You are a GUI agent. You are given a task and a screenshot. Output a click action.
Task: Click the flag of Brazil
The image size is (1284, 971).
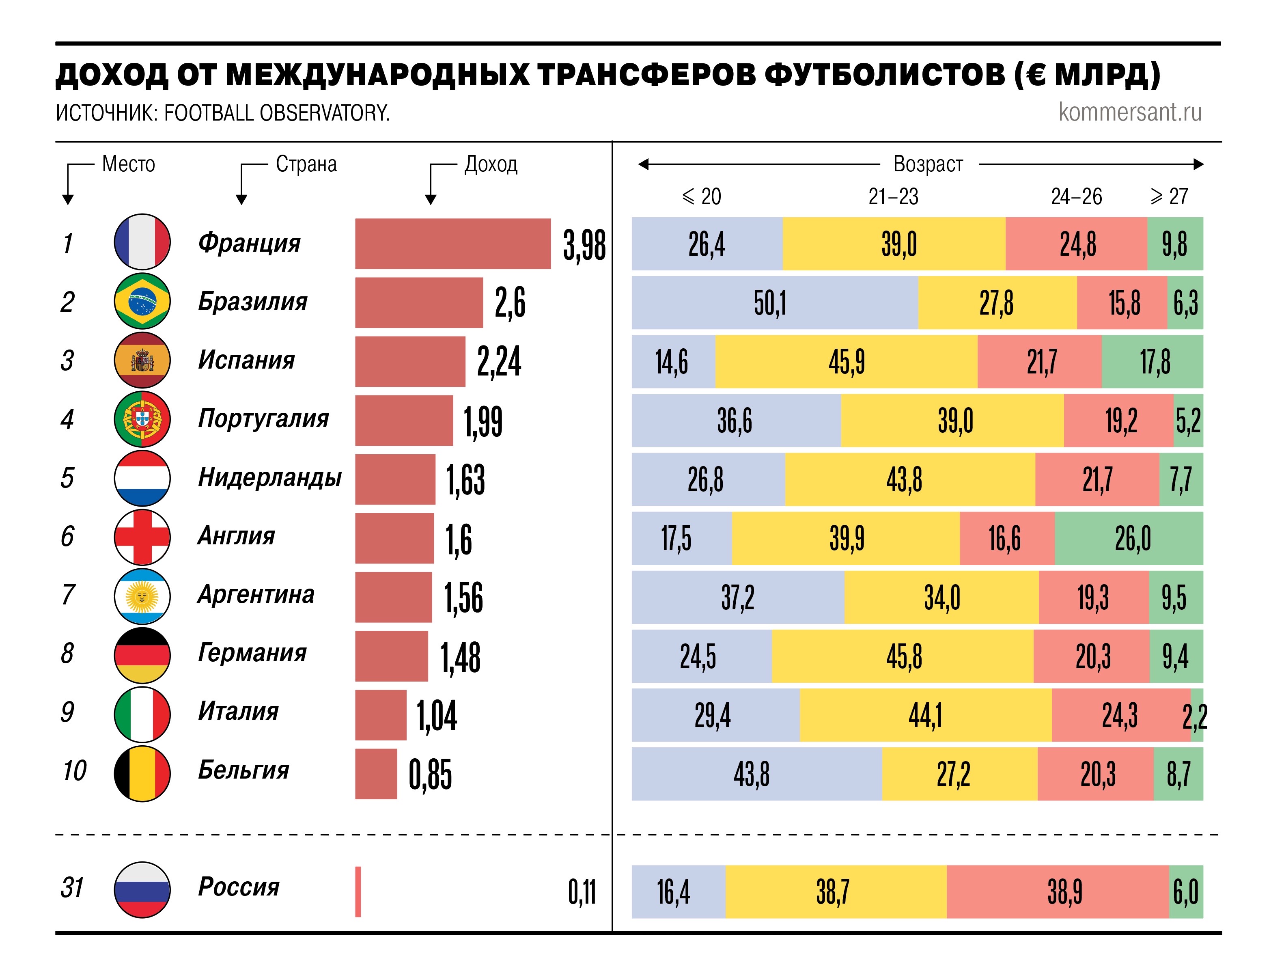coord(142,301)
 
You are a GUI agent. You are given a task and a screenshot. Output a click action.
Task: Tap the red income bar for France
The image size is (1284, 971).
coord(453,244)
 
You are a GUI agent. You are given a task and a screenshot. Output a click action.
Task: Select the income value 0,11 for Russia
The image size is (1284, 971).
coord(582,892)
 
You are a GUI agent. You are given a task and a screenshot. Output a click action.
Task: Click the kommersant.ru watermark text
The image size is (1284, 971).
coord(1130,112)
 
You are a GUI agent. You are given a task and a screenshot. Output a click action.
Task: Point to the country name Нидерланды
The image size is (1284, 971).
coord(270,477)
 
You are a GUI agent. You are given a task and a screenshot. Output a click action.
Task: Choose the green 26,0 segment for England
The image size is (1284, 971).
coord(1129,538)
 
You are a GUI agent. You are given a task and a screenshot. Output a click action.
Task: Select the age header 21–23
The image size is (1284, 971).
coord(893,197)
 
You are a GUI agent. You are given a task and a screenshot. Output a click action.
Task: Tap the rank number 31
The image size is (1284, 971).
coord(72,887)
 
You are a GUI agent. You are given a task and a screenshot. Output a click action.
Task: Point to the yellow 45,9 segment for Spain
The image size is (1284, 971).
coord(846,362)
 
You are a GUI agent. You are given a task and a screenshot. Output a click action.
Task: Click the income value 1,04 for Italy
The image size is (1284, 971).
coord(437,716)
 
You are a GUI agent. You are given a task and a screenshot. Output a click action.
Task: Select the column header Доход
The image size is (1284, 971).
coord(491,164)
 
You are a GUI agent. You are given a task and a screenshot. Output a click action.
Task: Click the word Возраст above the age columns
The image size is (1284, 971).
coord(928,164)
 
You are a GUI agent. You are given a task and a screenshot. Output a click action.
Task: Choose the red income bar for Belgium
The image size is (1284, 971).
coord(376,774)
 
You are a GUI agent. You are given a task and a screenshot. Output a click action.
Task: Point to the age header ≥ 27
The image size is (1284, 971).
coord(1169,197)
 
